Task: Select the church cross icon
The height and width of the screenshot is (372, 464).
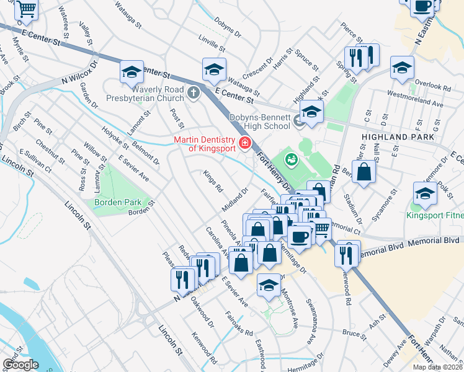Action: tap(194, 93)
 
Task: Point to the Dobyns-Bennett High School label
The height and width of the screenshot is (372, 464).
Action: tap(260, 122)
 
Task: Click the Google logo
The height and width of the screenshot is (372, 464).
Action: tap(20, 365)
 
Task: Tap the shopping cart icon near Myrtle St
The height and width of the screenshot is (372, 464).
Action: tap(27, 9)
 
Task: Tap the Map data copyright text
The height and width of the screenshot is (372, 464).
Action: tap(438, 365)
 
